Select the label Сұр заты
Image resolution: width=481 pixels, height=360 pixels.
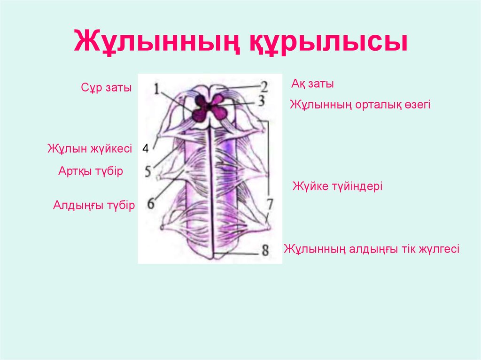pos(106,88)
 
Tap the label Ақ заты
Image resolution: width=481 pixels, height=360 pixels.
pos(312,84)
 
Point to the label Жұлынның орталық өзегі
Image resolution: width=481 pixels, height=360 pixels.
pos(360,105)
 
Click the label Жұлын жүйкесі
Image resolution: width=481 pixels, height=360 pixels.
pos(90,148)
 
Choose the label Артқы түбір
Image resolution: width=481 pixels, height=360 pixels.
pos(91,171)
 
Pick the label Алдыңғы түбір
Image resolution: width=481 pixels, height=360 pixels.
pos(94,205)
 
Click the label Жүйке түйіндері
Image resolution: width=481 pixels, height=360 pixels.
pos(337,186)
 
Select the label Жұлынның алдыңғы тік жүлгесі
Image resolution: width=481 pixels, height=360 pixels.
pos(372,249)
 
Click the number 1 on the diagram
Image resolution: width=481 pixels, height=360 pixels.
pos(157,89)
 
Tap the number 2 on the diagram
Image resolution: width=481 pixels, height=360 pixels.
pos(264,87)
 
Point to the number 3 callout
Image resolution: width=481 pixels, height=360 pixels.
pos(261,100)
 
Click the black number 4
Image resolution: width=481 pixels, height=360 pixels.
pos(146,148)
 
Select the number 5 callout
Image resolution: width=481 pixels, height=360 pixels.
pos(148,171)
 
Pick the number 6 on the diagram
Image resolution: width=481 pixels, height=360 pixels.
pos(151,203)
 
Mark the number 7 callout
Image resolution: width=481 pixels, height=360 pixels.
pos(270,204)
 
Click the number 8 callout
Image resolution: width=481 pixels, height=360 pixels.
pos(265,250)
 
